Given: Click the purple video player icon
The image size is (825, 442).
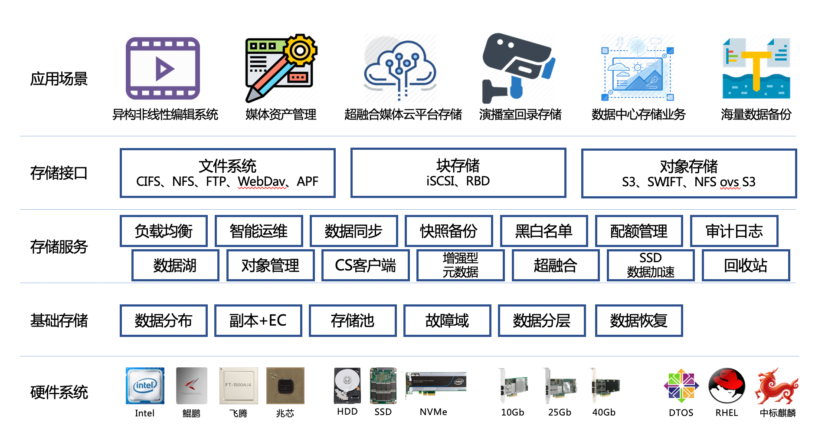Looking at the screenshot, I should pos(163,68).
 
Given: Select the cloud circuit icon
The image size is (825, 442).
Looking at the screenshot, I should pos(400,69).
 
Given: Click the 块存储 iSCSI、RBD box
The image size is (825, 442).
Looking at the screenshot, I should pos(458,173).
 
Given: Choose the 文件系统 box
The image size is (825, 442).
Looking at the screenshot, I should pos(227,173).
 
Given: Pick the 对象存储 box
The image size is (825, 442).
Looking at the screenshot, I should pos(689,173).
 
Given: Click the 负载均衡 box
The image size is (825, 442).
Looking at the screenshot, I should pos(164,231).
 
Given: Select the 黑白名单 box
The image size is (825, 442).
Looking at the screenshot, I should pos(544,231).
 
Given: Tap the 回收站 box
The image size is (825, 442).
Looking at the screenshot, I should pos(746,265).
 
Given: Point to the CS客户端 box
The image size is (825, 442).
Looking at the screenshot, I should pos(365,265).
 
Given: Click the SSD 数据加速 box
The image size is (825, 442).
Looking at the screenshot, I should pos(651,265).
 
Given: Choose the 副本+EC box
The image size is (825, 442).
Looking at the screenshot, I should pos(258,320).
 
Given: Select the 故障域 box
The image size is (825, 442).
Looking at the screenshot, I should pos(447,320).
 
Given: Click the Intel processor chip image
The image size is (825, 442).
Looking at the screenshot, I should pos(145,386).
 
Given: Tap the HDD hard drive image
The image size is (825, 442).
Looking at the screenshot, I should pos(347,386).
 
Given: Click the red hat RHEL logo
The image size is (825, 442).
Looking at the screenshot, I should pos(727,386).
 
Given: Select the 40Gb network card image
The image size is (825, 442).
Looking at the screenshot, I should pos(604,386).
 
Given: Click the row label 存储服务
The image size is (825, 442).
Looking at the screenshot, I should pos(59,247).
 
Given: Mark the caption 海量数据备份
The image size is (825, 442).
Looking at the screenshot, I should pos(756,115).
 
